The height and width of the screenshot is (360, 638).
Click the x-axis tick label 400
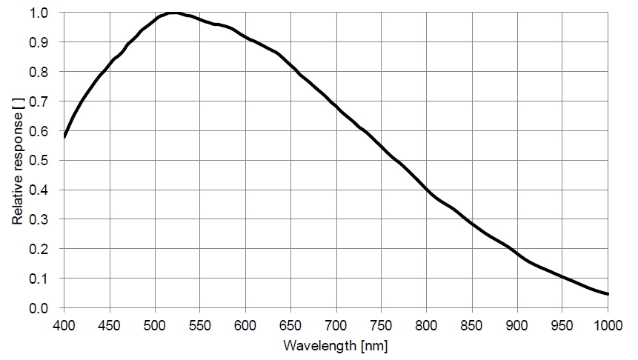pyautogui.click(x=64, y=324)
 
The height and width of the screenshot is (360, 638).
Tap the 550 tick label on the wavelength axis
pyautogui.click(x=200, y=324)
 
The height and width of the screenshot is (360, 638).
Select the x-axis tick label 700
pyautogui.click(x=336, y=324)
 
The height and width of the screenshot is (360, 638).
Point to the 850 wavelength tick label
pyautogui.click(x=472, y=324)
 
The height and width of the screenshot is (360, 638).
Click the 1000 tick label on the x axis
pyautogui.click(x=607, y=324)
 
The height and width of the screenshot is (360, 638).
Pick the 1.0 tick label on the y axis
pyautogui.click(x=40, y=13)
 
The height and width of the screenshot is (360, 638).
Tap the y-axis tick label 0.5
pyautogui.click(x=40, y=161)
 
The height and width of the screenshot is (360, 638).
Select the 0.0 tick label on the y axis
pyautogui.click(x=40, y=308)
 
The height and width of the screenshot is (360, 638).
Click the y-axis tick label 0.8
pyautogui.click(x=40, y=73)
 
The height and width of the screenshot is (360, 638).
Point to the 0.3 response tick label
pyautogui.click(x=40, y=220)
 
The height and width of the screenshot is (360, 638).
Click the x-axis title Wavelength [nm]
pyautogui.click(x=336, y=345)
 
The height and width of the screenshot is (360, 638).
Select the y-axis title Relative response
pyautogui.click(x=16, y=161)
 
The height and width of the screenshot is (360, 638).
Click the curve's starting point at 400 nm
pyautogui.click(x=64, y=137)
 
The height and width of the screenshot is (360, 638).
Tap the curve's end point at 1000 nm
pyautogui.click(x=608, y=294)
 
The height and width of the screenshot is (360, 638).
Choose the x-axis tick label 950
pyautogui.click(x=562, y=324)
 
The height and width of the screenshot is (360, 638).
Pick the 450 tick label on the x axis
pyautogui.click(x=110, y=324)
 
